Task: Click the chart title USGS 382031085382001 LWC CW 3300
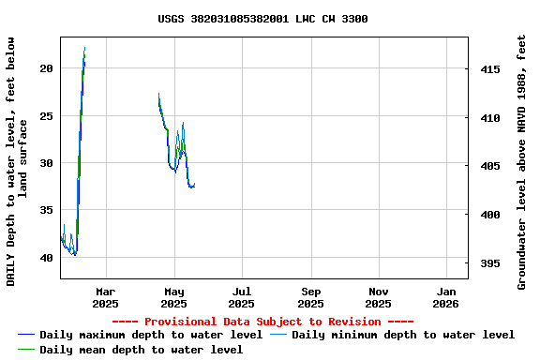click(262, 19)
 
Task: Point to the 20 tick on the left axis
click(47, 68)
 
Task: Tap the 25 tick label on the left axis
click(47, 116)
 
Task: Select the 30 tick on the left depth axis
click(47, 163)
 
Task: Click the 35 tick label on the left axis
click(47, 210)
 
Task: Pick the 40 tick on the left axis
click(47, 258)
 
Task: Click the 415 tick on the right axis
click(489, 69)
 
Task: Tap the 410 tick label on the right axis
click(489, 118)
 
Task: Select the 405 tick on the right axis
click(489, 166)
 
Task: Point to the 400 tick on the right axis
click(489, 215)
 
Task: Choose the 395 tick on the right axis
click(489, 263)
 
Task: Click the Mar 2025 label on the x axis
click(106, 297)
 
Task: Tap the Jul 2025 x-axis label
click(242, 297)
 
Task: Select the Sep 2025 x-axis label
click(311, 297)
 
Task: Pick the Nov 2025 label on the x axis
click(379, 297)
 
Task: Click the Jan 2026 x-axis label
click(446, 297)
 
